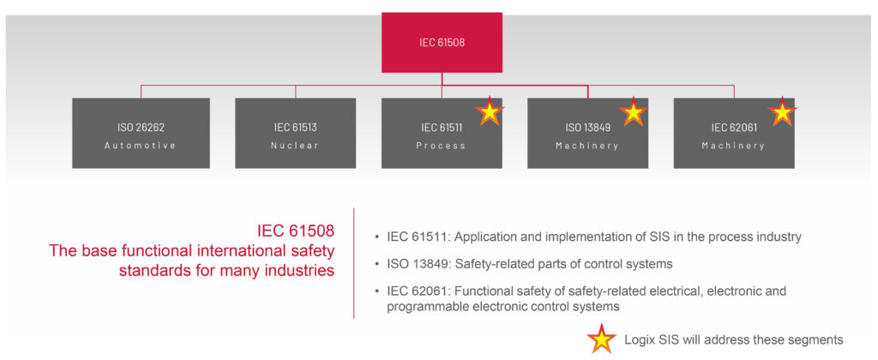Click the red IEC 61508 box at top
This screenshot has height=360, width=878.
click(442, 42)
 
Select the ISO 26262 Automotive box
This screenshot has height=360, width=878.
click(141, 133)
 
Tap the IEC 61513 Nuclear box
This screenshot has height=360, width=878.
click(295, 133)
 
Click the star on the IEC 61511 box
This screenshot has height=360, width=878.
click(489, 112)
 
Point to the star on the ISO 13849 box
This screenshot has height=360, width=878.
click(633, 112)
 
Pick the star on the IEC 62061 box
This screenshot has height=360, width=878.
click(781, 112)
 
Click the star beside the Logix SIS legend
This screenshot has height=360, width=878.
click(601, 339)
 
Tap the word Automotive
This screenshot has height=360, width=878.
click(141, 146)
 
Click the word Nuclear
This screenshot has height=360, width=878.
click(295, 146)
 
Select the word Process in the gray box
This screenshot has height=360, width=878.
click(442, 146)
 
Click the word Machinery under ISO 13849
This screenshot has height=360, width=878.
click(587, 146)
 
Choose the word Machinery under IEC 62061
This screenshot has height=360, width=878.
click(733, 146)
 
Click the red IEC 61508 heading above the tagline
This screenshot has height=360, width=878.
click(296, 231)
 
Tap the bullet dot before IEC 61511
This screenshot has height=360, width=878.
click(378, 237)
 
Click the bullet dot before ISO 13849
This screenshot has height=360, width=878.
click(378, 264)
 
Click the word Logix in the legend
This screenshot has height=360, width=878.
click(641, 339)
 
